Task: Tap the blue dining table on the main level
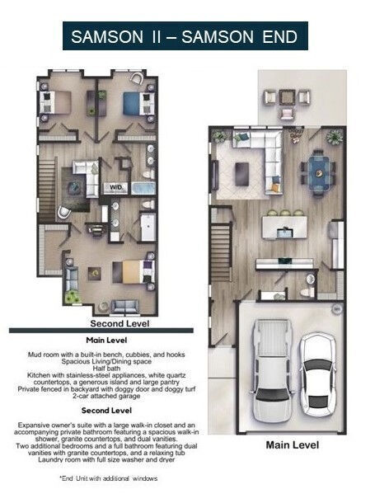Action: [x=317, y=169]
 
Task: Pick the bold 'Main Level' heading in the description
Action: [x=105, y=339]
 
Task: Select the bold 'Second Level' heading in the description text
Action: [x=105, y=408]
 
